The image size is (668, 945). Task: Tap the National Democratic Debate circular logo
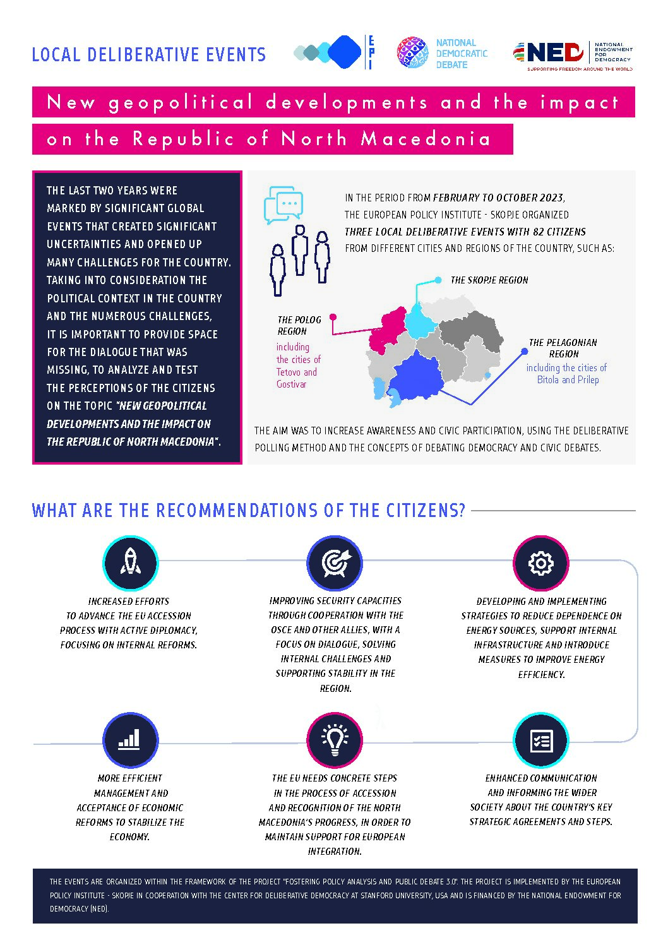(412, 52)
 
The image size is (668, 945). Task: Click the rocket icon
(131, 563)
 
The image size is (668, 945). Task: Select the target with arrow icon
(335, 563)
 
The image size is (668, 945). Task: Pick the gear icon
(540, 563)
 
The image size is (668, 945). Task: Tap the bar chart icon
(131, 740)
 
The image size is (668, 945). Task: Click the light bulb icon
(335, 740)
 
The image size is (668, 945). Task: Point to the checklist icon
(540, 740)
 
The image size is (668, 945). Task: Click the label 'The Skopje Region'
(489, 280)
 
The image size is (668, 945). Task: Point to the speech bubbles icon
(283, 205)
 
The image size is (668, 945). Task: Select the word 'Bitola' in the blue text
(548, 379)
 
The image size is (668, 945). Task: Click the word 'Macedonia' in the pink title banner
(426, 139)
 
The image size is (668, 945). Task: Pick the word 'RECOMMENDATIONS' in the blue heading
(237, 511)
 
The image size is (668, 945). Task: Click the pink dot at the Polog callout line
(333, 316)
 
